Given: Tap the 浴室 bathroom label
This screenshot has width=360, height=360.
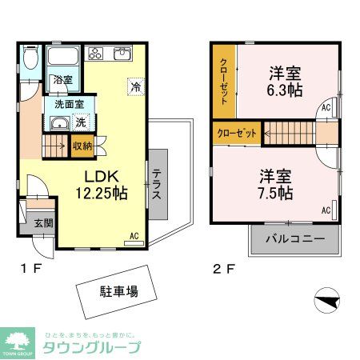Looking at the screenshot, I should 62,80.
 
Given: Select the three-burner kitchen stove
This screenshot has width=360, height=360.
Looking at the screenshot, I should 95,54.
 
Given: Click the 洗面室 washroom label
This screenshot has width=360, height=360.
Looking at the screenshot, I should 68,104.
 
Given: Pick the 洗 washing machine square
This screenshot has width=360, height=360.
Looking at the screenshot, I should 81,123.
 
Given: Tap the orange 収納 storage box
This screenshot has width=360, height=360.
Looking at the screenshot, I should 82,146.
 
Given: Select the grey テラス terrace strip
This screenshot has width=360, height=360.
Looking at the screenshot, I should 158,185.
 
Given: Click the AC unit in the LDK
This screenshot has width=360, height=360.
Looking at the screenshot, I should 134,237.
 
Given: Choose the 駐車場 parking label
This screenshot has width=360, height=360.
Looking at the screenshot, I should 118,291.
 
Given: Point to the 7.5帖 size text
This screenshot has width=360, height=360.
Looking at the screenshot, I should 274,183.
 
